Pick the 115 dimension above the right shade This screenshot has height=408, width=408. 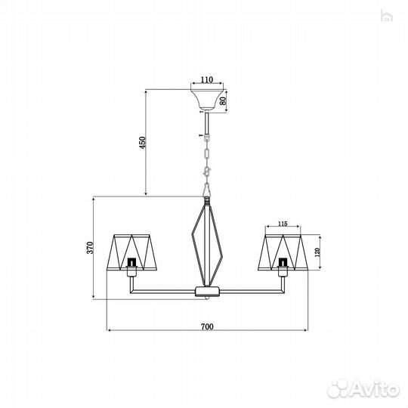point(283,224)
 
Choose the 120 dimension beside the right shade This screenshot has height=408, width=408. point(317,252)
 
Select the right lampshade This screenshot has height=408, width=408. point(283,252)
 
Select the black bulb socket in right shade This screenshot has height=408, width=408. point(283,264)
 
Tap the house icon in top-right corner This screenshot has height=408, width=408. point(388,14)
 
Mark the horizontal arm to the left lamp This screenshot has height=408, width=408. point(162,291)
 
